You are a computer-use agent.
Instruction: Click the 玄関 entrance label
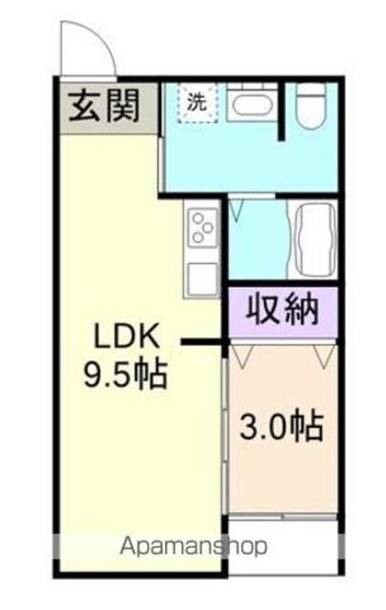[x=104, y=106]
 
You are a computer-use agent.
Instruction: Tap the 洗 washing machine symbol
[x=197, y=103]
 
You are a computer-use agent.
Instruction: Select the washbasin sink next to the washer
[x=252, y=104]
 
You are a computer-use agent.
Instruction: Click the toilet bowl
[x=311, y=106]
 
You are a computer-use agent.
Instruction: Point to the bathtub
[x=315, y=238]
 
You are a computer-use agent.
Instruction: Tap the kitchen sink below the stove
[x=202, y=279]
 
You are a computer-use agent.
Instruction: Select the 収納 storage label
[x=282, y=310]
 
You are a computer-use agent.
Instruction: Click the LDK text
[x=128, y=336]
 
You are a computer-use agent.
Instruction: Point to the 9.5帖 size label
[x=126, y=375]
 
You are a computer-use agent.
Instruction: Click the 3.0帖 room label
[x=282, y=427]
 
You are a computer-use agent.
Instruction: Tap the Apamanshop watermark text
[x=193, y=546]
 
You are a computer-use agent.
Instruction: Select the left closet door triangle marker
[x=241, y=356]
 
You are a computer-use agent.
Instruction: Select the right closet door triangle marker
[x=324, y=356]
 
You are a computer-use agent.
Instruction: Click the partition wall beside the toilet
[x=281, y=112]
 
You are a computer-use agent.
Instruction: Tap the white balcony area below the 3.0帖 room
[x=282, y=546]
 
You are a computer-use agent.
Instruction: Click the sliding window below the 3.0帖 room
[x=282, y=517]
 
